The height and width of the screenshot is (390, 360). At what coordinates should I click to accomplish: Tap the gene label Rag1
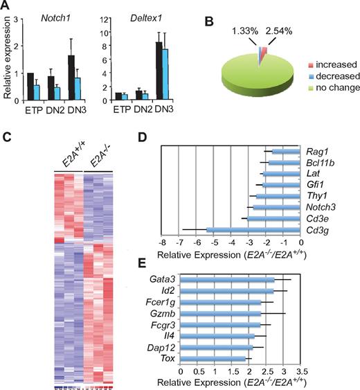[x=316, y=151]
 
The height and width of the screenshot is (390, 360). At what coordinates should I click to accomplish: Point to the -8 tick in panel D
[x=162, y=245]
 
